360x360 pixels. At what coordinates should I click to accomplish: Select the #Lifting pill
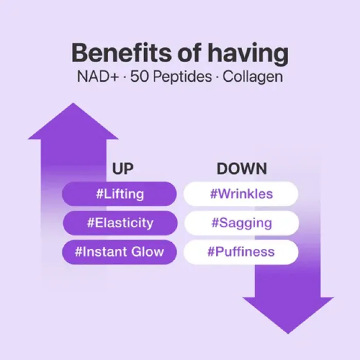click(119, 194)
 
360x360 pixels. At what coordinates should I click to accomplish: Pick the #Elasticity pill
click(119, 223)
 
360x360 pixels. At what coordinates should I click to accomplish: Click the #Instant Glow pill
click(119, 251)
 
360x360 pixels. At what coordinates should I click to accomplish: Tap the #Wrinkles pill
click(241, 194)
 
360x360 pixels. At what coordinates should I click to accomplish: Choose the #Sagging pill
click(241, 223)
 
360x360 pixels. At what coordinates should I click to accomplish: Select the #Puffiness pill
click(241, 251)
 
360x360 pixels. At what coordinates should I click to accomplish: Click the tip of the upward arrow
click(73, 104)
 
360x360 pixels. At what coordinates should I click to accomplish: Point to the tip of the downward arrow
click(288, 332)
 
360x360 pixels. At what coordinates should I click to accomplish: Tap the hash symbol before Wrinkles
click(213, 194)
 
